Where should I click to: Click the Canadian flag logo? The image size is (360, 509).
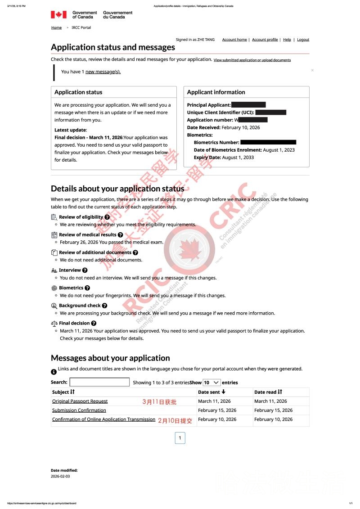click(58, 15)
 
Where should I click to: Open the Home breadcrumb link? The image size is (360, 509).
click(56, 27)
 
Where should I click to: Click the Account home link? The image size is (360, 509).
click(234, 40)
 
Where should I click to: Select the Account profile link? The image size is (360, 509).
click(265, 40)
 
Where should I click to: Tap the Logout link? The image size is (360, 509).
click(303, 40)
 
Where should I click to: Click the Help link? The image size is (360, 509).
click(287, 40)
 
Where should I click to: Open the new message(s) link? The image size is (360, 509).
click(103, 72)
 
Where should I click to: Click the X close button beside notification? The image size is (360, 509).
click(312, 70)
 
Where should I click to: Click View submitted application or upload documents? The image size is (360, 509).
click(252, 60)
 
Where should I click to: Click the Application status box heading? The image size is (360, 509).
click(78, 92)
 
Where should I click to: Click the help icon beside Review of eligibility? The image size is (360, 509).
click(107, 217)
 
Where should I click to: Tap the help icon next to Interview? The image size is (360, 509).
click(85, 270)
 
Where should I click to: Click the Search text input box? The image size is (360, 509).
click(99, 382)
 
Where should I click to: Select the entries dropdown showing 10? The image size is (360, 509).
click(211, 382)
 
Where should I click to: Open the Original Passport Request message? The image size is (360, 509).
click(80, 401)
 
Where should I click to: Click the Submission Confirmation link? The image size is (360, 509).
click(79, 410)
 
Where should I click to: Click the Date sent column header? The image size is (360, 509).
click(212, 392)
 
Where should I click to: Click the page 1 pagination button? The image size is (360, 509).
click(180, 438)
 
